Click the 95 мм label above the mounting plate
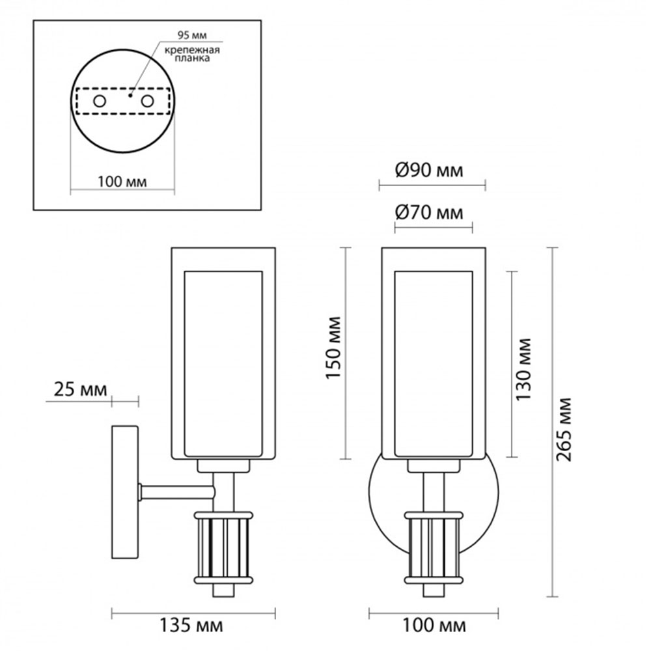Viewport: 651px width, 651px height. [x=192, y=35]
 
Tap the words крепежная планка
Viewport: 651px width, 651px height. [x=192, y=55]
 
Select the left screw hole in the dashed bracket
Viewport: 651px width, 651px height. [x=100, y=101]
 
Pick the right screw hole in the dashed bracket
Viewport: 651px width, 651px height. [x=147, y=101]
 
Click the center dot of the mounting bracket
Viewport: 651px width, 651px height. [x=130, y=96]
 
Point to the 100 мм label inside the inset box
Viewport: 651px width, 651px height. [x=122, y=182]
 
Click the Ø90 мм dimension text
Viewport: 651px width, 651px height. [x=429, y=171]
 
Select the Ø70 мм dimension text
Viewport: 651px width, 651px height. [x=429, y=213]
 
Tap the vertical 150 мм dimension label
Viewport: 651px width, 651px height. [x=333, y=348]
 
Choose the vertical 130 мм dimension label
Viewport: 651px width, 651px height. [x=523, y=369]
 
